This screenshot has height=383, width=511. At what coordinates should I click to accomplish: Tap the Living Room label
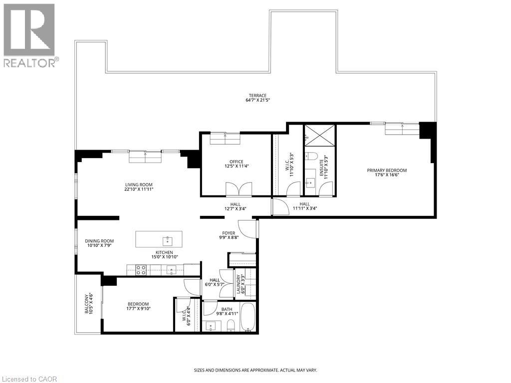click(x=139, y=185)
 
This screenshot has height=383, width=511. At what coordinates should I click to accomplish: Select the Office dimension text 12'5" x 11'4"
click(x=236, y=166)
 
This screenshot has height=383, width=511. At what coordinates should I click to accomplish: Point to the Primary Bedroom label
click(x=387, y=171)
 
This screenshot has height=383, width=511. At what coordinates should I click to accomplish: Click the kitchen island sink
click(x=168, y=241)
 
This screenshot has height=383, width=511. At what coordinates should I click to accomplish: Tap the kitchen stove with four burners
click(x=141, y=270)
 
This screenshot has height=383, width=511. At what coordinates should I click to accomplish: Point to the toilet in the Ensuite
click(x=311, y=157)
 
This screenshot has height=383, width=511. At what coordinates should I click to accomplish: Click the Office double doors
click(x=239, y=189)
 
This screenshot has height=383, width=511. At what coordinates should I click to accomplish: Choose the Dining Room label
click(x=99, y=241)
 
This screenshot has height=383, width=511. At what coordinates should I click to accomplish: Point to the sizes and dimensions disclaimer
click(x=255, y=371)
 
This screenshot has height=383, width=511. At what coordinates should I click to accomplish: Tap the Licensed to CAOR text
click(x=29, y=379)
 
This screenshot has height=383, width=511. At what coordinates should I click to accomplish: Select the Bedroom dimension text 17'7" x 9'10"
click(x=139, y=309)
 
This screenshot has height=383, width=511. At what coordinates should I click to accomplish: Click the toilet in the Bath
click(x=231, y=325)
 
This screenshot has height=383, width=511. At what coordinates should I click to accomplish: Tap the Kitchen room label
click(x=164, y=252)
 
